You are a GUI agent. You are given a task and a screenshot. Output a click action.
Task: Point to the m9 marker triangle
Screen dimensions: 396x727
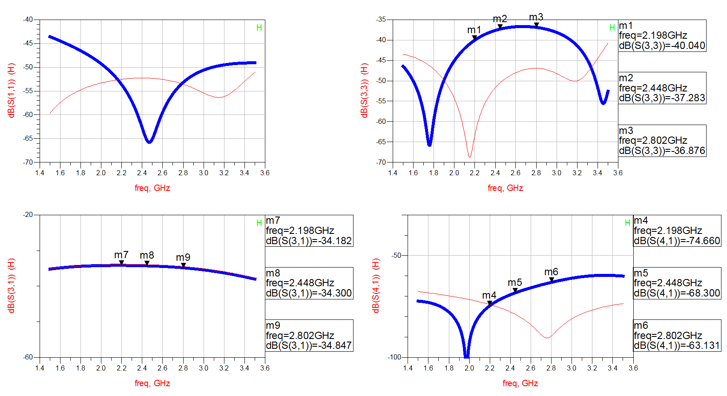pyautogui.click(x=183, y=265)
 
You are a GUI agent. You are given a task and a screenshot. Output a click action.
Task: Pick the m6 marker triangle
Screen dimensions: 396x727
pyautogui.click(x=552, y=279)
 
